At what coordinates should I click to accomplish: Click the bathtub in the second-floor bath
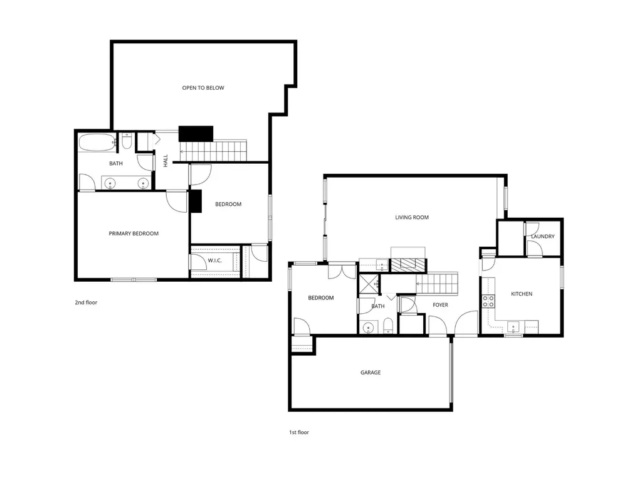click(97, 142)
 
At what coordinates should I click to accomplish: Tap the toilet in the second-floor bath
click(127, 141)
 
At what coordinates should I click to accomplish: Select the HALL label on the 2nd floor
click(166, 161)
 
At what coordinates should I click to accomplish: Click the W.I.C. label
click(214, 260)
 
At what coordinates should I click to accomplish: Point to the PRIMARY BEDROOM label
click(134, 233)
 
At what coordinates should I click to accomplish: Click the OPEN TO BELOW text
click(203, 88)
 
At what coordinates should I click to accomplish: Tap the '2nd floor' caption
click(86, 303)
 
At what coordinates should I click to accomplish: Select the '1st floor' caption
click(299, 432)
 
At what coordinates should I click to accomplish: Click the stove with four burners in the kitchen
click(488, 302)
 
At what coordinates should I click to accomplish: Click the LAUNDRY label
click(543, 237)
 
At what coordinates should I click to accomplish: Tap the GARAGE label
click(371, 373)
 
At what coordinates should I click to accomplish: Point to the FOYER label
click(440, 305)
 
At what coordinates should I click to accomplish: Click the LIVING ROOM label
click(412, 217)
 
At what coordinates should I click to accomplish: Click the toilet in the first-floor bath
click(388, 326)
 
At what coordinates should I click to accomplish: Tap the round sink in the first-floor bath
click(369, 328)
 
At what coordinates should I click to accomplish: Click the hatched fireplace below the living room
click(408, 265)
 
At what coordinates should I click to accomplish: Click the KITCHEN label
click(522, 294)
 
